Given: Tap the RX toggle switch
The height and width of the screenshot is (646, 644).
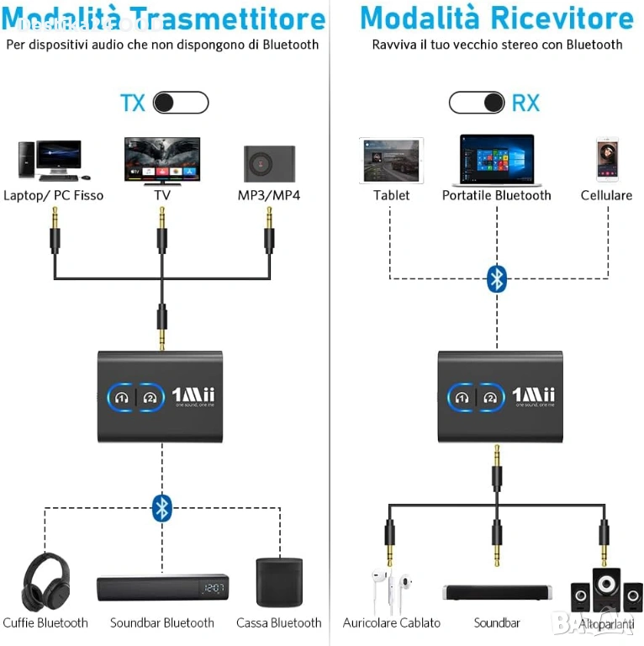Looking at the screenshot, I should [478, 103].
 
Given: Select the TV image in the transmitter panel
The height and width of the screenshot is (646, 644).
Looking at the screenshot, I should [162, 161].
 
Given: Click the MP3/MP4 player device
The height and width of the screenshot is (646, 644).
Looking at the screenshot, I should [269, 163].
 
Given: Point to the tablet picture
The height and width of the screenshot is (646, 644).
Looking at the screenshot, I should [391, 160].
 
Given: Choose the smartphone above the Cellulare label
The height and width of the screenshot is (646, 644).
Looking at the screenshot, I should [607, 159].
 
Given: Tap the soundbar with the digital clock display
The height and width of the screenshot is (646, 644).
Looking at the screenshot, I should [162, 588].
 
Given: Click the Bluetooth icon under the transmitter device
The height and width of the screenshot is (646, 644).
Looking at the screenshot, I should [162, 507].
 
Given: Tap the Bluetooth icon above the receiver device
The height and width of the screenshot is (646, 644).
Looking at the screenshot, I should [497, 278].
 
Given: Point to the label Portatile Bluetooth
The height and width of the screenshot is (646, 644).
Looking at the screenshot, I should [497, 195].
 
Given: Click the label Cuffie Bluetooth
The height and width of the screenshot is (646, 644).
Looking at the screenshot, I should [45, 623].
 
